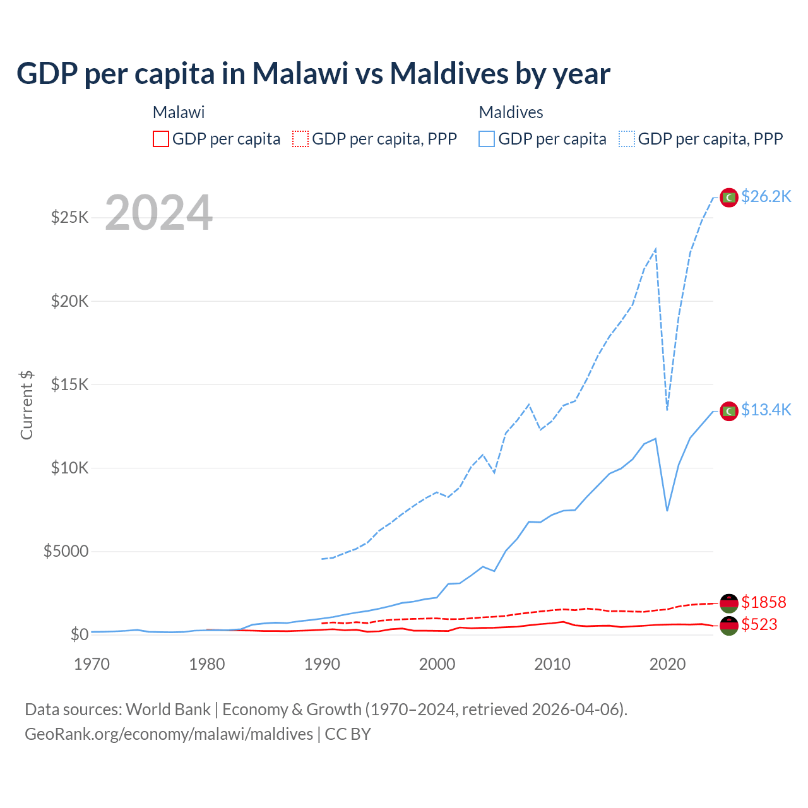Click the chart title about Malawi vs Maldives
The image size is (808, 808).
tap(313, 73)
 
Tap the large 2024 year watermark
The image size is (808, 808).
tap(158, 213)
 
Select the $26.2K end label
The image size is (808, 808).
tap(766, 196)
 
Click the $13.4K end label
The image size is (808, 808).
tap(766, 410)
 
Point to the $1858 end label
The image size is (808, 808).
tap(763, 602)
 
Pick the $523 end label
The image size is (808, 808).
tap(759, 624)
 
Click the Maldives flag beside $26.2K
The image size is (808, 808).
tap(729, 198)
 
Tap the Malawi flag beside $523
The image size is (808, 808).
tap(729, 626)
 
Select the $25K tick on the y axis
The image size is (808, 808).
tap(70, 218)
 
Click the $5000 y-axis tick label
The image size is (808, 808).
tap(66, 551)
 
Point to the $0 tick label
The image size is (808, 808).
tap(79, 634)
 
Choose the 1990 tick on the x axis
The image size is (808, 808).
tap(322, 664)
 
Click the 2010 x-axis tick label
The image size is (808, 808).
tap(552, 664)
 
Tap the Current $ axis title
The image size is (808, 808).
tap(27, 405)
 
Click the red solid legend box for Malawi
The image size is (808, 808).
tap(161, 139)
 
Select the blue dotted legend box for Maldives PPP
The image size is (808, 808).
tap(627, 139)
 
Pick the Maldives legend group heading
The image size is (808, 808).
tap(511, 112)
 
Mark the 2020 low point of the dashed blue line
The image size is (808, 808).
tap(667, 410)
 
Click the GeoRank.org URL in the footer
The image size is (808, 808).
tap(169, 734)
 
